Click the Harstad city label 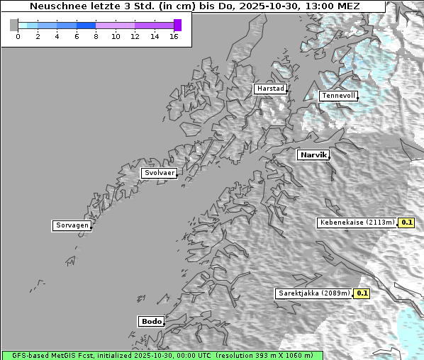tap(270, 89)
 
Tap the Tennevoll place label tap(338, 96)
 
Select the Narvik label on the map tap(313, 154)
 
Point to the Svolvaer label tap(159, 173)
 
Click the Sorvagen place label tap(72, 225)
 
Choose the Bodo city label tap(151, 321)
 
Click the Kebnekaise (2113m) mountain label tap(357, 223)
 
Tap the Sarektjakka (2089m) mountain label tap(314, 293)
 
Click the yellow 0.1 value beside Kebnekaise tap(406, 223)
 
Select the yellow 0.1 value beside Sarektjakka tap(362, 293)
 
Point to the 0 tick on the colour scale tap(18, 36)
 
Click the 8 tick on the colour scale tap(96, 36)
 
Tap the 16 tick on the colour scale tap(174, 36)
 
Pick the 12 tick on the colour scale tap(135, 36)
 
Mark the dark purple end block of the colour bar tap(177, 25)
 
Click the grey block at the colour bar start tap(14, 25)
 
